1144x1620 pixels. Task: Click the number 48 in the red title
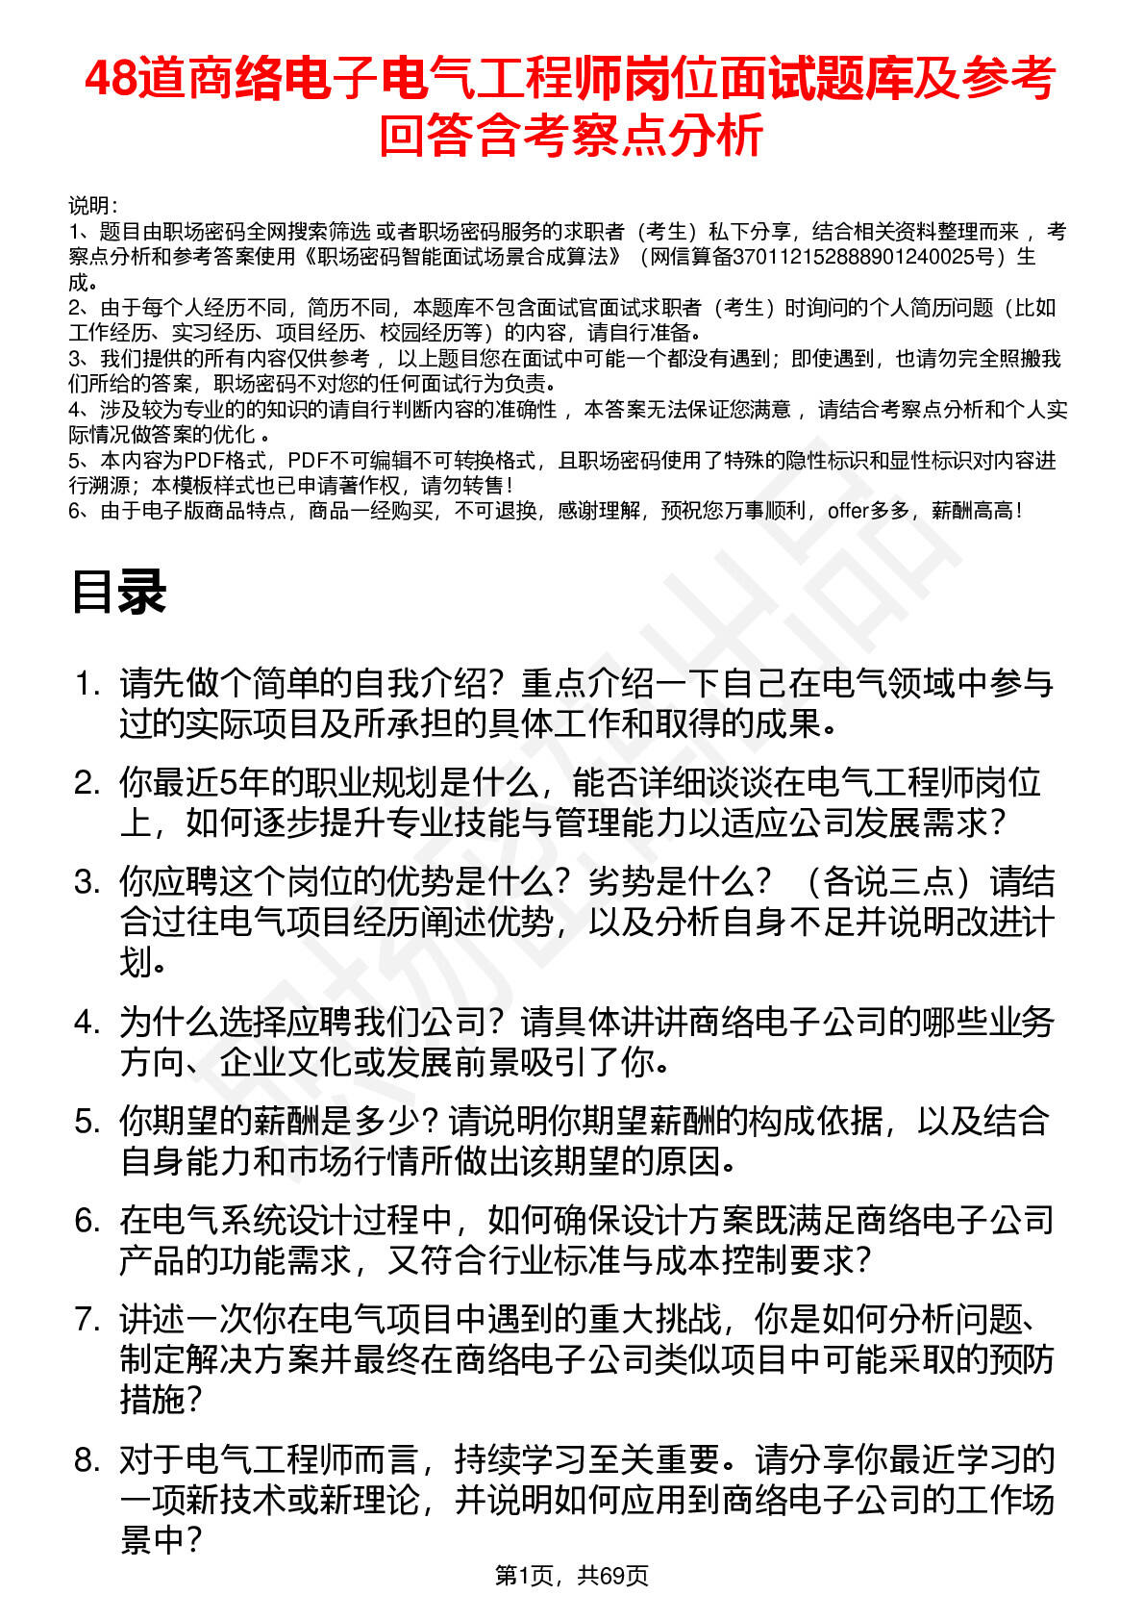point(112,80)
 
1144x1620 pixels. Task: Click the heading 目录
point(119,592)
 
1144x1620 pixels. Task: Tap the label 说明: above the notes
point(92,206)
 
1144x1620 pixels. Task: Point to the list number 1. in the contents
point(87,684)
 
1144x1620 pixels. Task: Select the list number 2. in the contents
point(87,783)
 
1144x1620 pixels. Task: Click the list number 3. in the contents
point(87,882)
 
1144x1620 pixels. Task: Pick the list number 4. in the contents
point(87,1023)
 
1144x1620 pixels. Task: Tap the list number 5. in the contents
point(87,1122)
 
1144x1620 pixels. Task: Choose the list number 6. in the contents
point(87,1221)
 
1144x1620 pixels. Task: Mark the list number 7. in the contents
point(87,1320)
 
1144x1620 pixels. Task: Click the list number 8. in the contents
point(87,1460)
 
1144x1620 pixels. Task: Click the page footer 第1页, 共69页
point(571,1576)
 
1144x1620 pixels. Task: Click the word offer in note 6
point(847,511)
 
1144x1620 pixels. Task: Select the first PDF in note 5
point(203,461)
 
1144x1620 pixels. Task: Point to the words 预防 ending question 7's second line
point(1021,1360)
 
